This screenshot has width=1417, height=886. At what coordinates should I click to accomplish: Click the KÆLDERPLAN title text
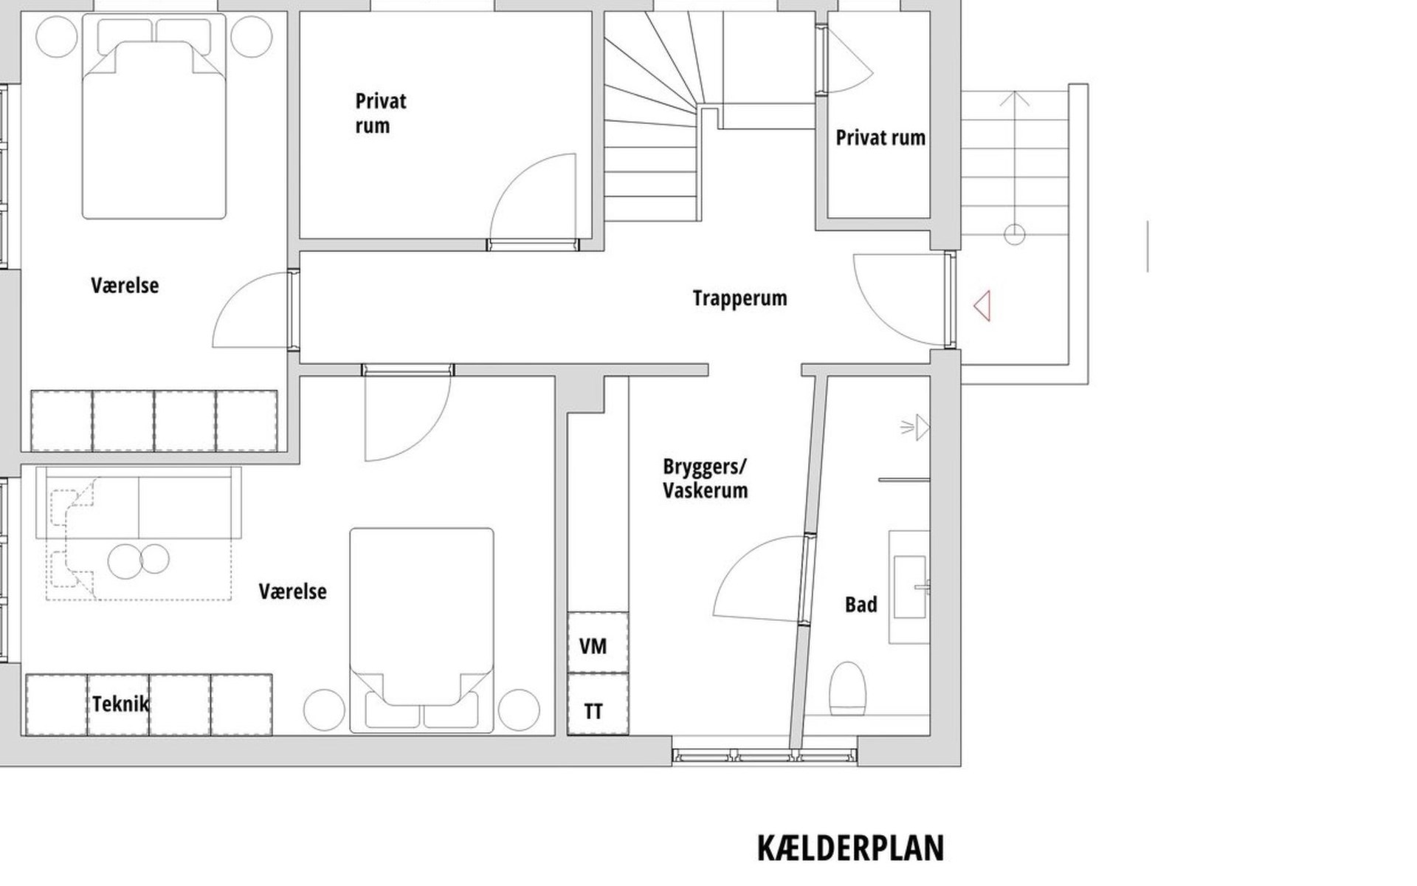tap(850, 848)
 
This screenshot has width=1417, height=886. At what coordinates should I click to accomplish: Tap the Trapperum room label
tap(739, 298)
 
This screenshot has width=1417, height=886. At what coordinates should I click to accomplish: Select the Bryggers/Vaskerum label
tap(705, 478)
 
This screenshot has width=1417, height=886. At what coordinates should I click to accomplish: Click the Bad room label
tap(861, 605)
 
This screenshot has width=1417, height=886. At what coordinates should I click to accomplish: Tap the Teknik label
tap(120, 704)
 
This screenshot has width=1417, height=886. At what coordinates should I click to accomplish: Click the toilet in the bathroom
tap(847, 688)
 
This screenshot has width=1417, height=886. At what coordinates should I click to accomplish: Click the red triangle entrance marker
tap(982, 306)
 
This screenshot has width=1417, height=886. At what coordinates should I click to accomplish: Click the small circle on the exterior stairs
tap(1015, 236)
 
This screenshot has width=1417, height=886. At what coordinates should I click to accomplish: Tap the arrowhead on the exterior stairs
tap(1016, 98)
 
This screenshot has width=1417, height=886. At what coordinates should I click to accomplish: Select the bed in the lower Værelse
tap(421, 630)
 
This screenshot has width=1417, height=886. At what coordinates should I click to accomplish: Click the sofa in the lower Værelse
tap(139, 502)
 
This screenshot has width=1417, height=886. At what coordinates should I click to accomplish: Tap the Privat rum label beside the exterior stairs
tap(880, 138)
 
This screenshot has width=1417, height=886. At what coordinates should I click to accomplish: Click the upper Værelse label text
tap(125, 285)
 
